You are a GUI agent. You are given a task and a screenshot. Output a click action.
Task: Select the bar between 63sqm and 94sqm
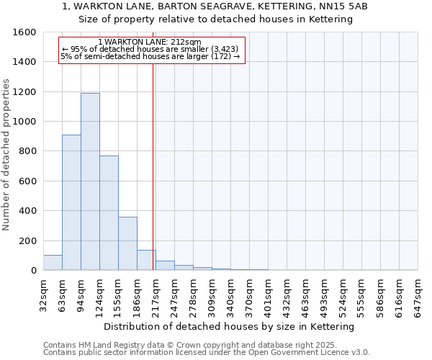(71, 202)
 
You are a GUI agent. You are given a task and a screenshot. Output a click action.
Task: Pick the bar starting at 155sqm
(127, 243)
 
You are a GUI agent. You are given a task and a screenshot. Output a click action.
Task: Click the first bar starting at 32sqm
(53, 263)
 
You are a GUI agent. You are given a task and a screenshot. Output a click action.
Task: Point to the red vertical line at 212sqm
(153, 166)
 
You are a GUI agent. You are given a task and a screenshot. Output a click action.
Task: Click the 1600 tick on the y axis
(24, 32)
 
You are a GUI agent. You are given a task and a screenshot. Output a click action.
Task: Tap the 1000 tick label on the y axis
(24, 122)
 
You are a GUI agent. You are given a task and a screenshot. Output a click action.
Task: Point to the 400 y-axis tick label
(27, 211)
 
